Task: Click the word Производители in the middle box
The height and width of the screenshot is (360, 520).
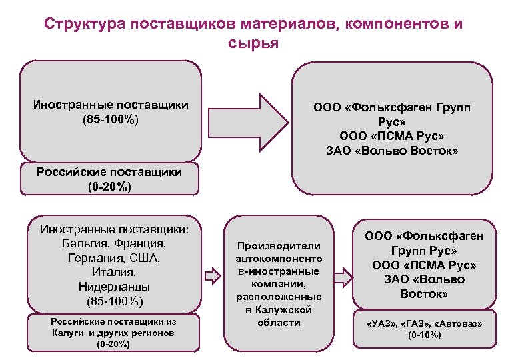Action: pyautogui.click(x=279, y=246)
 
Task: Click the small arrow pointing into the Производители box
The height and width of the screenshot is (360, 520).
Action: pyautogui.click(x=211, y=275)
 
